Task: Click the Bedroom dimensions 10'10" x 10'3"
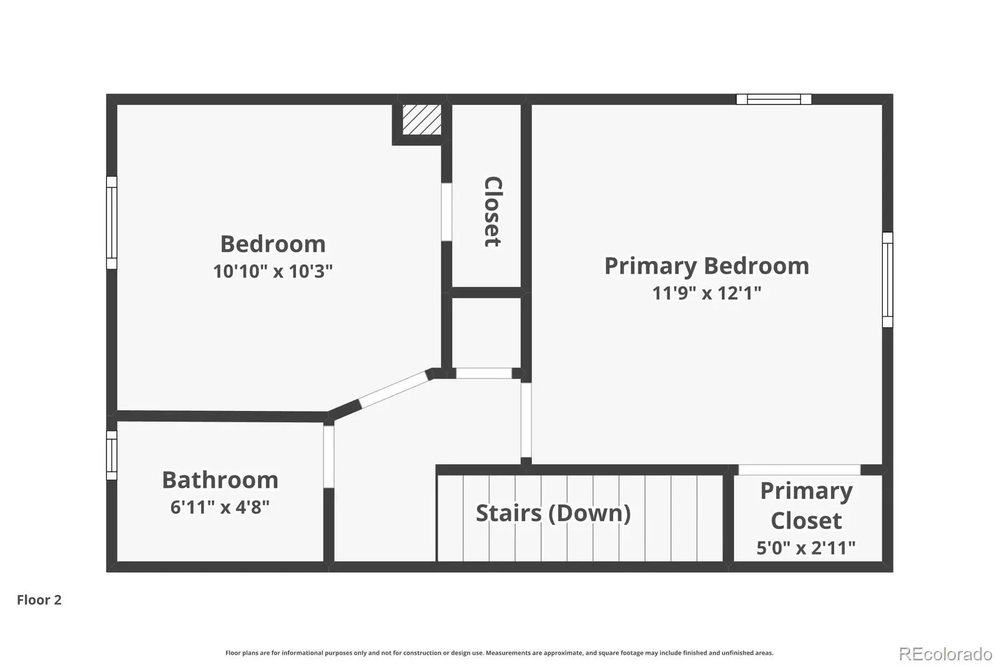point(273,271)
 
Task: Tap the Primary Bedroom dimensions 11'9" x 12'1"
point(706,293)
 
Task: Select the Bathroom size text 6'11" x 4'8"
point(220,507)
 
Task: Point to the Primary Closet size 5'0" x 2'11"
point(806,548)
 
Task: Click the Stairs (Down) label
point(553,513)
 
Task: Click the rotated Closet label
point(493,212)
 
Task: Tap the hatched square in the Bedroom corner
point(422,119)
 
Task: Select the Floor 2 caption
point(39,600)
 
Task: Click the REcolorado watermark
point(945,654)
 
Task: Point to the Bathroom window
point(112,455)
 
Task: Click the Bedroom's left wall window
point(112,223)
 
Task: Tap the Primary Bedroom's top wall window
point(774,99)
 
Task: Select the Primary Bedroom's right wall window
point(888,280)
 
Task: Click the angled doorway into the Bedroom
point(393,389)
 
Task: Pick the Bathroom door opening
point(328,457)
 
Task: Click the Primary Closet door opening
point(799,470)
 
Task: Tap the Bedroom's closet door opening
point(446,212)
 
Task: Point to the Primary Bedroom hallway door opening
point(526,420)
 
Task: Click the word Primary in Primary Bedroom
point(651,267)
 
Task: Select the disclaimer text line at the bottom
point(499,653)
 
